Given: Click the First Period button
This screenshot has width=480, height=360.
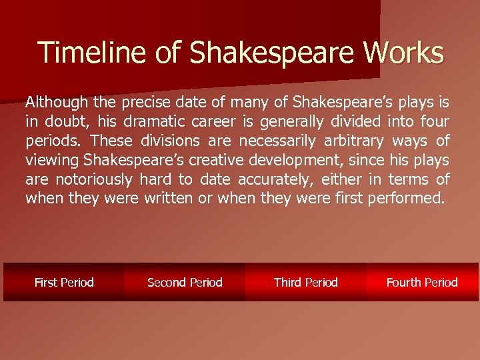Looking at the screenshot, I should point(64,282).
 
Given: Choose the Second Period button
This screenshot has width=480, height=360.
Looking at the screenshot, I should point(185,282).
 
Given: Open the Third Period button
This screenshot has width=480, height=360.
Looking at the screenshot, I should point(306,282).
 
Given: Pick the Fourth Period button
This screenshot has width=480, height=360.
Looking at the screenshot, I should point(422,282).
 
